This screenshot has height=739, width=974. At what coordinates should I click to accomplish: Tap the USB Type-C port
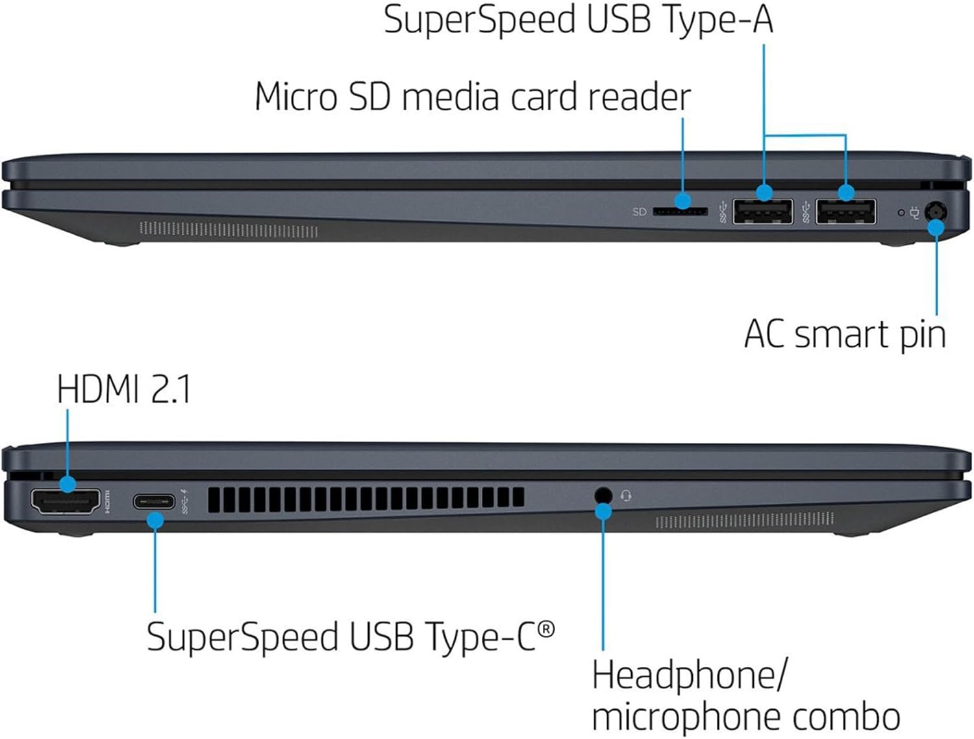154,502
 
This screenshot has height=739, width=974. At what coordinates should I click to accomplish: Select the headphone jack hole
603,495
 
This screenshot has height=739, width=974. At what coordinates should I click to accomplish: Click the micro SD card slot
680,212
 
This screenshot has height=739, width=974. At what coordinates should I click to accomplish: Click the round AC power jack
936,212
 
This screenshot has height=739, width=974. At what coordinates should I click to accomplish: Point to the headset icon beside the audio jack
626,496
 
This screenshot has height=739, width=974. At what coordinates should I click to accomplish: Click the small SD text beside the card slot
640,212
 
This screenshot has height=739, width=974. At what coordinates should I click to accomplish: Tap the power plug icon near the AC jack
915,212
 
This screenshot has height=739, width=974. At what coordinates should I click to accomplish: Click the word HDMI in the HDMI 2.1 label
98,390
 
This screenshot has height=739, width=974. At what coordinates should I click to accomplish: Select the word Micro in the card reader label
295,97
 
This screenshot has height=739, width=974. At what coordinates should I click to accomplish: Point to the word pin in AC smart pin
922,335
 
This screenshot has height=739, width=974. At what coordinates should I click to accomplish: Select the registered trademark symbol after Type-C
547,629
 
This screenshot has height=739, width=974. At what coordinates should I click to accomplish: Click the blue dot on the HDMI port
68,484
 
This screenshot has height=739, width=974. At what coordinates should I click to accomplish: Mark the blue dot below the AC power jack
936,228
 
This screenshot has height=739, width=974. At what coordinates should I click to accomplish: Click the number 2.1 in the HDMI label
171,390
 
